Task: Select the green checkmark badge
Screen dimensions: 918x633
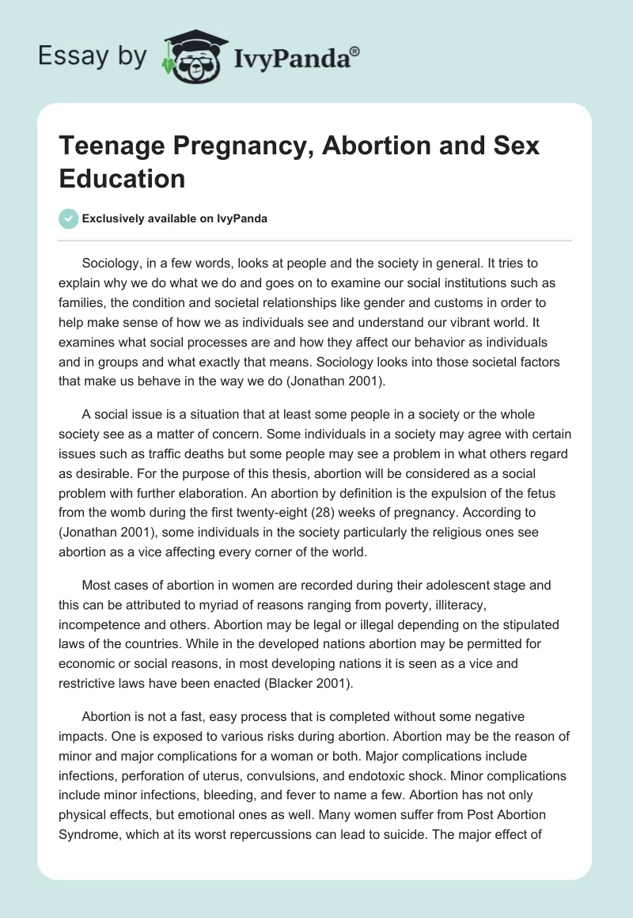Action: click(x=70, y=218)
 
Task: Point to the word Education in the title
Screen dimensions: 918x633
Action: click(x=122, y=178)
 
